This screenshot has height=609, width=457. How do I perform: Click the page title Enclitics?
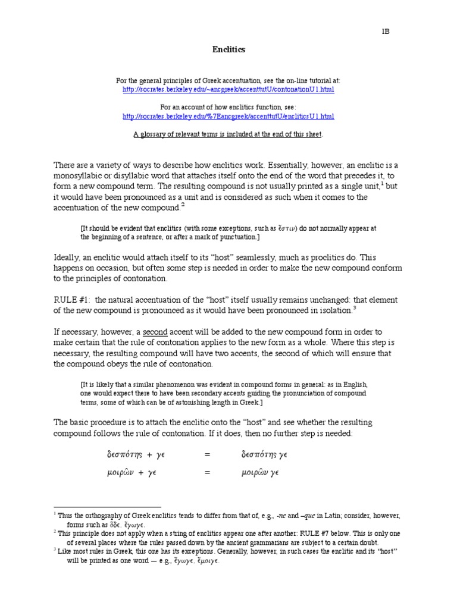[228, 50]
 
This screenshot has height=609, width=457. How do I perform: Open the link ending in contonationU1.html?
[228, 89]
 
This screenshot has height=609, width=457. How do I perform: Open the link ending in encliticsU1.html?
[228, 116]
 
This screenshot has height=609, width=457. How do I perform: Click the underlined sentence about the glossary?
[228, 134]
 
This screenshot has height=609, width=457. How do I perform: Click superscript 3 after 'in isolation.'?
[355, 307]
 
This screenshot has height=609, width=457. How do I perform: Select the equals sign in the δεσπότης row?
[207, 455]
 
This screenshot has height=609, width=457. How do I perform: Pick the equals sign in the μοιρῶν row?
[207, 473]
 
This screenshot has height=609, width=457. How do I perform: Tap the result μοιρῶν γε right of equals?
[260, 473]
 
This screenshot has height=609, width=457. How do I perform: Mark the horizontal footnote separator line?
[99, 507]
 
